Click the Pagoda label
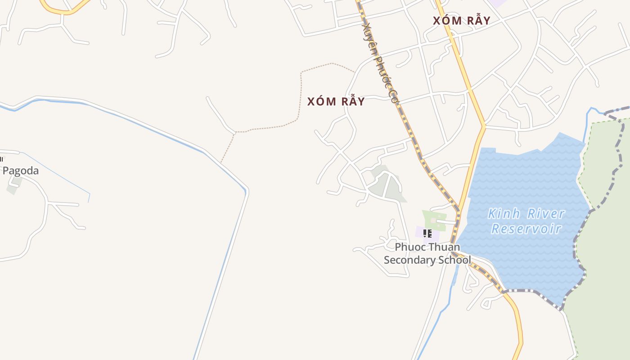point(21,171)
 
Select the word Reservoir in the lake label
point(526,229)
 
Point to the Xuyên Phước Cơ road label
point(381,63)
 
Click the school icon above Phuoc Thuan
point(427,234)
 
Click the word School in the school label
point(455,260)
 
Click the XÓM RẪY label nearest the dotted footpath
point(336,102)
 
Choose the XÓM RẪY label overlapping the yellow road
point(461,21)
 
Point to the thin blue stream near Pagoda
point(58,175)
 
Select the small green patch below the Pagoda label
point(13,188)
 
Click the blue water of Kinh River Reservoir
point(522,180)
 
